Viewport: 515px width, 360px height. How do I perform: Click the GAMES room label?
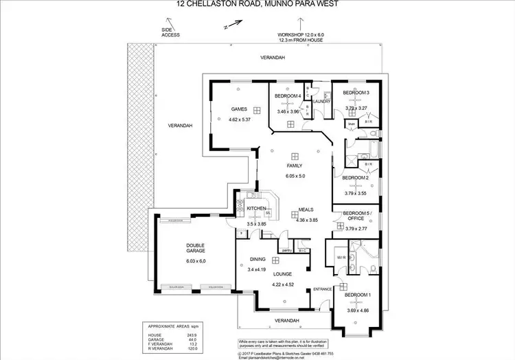point(238,109)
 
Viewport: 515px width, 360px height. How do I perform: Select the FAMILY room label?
point(295,166)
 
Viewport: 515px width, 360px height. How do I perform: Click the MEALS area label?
point(306,210)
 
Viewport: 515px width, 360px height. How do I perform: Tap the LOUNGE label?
point(283,274)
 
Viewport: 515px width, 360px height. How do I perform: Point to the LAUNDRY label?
point(323,102)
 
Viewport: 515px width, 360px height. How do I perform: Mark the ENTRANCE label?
point(323,289)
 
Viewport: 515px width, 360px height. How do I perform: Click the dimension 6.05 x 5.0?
point(295,177)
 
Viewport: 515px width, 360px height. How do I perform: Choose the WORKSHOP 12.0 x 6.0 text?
point(299,34)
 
